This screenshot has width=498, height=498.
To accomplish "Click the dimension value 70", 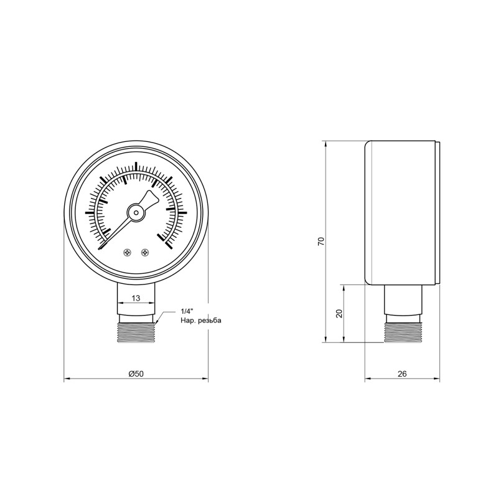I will pos(321,242).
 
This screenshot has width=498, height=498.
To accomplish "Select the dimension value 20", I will pos(339,314).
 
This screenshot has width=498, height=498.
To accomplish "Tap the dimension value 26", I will pos(402,374).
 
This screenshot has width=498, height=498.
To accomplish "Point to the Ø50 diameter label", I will pos(136,374).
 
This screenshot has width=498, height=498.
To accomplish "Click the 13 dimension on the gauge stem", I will pos(136,297).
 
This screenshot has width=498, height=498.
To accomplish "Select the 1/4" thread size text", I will pos(186,311).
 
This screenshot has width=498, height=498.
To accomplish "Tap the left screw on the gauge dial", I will pos(127,252).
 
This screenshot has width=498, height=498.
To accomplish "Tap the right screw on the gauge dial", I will pos(146,252).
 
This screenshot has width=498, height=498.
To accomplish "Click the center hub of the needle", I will pos(136,212).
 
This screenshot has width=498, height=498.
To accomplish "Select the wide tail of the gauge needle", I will pos(150,198).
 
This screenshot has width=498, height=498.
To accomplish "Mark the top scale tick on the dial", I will pos(136,166).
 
